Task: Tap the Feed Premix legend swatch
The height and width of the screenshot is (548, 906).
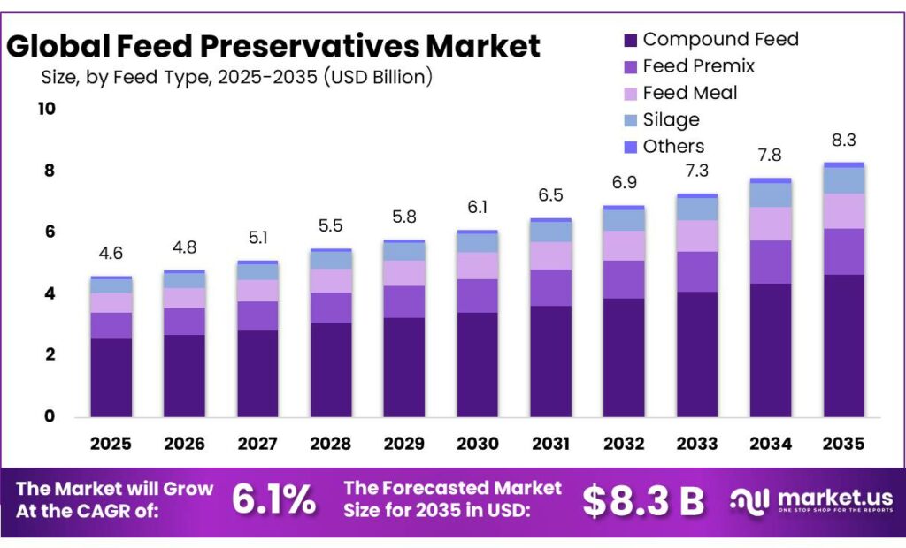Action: coord(630,66)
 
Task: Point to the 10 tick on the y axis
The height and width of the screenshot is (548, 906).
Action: coord(45,109)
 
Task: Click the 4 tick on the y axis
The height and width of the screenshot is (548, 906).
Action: coord(50,293)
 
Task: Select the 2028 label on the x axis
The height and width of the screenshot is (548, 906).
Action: coord(331,443)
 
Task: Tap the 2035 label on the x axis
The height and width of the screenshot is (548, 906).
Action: coord(843,443)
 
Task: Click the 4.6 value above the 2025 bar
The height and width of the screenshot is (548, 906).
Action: coord(111,254)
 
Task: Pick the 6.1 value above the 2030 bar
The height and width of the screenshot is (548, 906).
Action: coord(477,207)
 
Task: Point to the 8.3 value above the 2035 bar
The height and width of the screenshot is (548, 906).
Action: coord(843,140)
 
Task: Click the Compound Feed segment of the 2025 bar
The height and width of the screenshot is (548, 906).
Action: coord(111,377)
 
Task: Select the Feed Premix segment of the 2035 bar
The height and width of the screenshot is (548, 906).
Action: coord(843,252)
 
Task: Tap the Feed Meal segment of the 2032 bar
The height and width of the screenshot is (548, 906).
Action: coord(623,246)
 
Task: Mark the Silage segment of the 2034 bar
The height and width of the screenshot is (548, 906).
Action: coord(770,195)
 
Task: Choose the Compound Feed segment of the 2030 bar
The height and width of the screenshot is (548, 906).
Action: coord(477,364)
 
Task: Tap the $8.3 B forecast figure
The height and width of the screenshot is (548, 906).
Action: coord(643,500)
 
